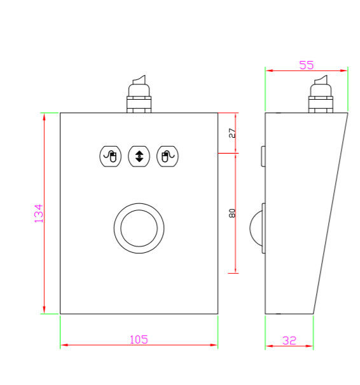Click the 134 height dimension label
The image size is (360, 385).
click(38, 213)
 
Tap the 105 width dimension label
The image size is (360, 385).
click(139, 340)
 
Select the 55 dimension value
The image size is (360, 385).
click(307, 65)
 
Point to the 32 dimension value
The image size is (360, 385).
click(289, 341)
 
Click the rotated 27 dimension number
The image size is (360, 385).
click(232, 133)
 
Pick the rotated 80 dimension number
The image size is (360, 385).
click(232, 213)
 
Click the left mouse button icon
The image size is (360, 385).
click(111, 156)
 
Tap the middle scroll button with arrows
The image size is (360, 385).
click(139, 156)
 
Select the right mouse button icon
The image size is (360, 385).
click(167, 156)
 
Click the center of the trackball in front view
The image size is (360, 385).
click(139, 228)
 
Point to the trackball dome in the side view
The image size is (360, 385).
click(256, 228)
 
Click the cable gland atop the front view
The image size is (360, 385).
click(139, 94)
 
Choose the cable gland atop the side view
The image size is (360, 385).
click(321, 94)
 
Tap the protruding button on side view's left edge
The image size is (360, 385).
click(263, 156)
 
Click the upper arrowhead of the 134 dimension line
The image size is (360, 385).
click(45, 117)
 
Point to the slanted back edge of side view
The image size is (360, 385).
click(331, 213)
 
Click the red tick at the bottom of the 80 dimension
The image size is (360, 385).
click(233, 273)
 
